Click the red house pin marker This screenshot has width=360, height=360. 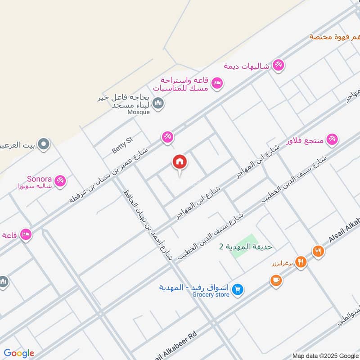tap(180, 162)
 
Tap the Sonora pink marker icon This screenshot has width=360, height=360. tap(60, 180)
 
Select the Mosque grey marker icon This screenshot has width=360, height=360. tap(158, 104)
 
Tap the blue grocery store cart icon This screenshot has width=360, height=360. tap(238, 290)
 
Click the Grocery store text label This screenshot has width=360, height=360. tap(211, 295)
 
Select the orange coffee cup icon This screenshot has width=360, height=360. tap(276, 280)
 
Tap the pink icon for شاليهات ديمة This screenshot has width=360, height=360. tap(279, 66)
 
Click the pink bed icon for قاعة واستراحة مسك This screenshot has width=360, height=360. tap(217, 83)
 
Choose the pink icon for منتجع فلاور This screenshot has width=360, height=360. tap(332, 139)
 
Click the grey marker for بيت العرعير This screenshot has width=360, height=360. tap(44, 144)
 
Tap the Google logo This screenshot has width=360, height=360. tap(19, 353)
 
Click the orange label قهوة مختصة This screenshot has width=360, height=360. tap(335, 36)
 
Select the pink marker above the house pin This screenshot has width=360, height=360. tap(167, 136)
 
